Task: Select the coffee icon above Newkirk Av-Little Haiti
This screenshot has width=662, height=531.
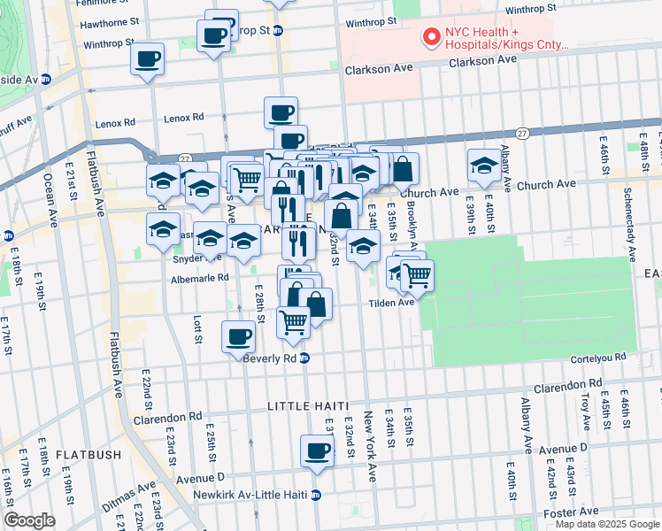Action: pos(317,451)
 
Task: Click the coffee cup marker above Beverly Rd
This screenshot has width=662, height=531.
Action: pos(238,336)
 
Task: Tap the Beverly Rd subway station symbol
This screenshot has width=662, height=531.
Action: pos(304,358)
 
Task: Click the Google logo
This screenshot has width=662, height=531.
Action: pos(29,520)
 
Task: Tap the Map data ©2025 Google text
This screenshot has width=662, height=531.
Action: pos(606,524)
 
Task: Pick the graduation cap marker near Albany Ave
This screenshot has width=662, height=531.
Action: pos(484,165)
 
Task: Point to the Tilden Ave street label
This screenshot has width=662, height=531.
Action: pos(392,303)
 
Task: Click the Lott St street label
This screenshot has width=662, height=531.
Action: pos(196,325)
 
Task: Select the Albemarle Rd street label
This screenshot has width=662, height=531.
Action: pos(200,277)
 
